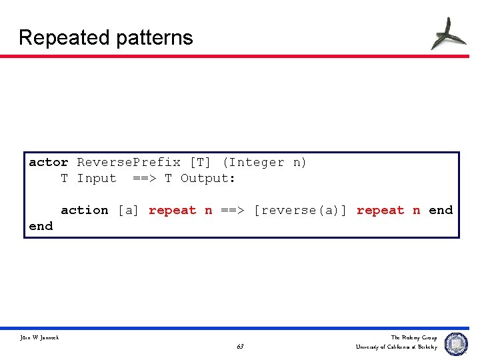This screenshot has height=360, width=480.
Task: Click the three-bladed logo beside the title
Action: point(448,33)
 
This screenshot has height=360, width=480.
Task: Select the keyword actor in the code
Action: point(49,162)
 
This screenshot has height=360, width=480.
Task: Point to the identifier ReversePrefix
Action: point(129,162)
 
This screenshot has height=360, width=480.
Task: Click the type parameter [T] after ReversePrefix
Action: point(201,162)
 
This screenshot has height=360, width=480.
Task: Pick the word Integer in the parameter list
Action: point(256,162)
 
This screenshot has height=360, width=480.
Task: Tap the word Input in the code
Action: point(97,178)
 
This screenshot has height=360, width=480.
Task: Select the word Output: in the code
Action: point(208,178)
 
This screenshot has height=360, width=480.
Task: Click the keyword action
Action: point(85,210)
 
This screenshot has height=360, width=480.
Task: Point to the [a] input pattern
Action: point(129,210)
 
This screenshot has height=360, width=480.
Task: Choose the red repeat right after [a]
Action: point(172,210)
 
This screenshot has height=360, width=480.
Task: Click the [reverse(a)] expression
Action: point(301,210)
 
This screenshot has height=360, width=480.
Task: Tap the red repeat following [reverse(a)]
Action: point(380,210)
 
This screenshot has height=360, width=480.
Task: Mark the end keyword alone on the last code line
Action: point(41,226)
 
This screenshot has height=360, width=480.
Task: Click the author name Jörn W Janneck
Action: point(39,338)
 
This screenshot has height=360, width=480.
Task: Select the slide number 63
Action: point(240,347)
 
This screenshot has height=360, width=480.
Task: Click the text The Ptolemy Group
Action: point(414,338)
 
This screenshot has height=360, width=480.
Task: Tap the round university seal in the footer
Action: point(456,343)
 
